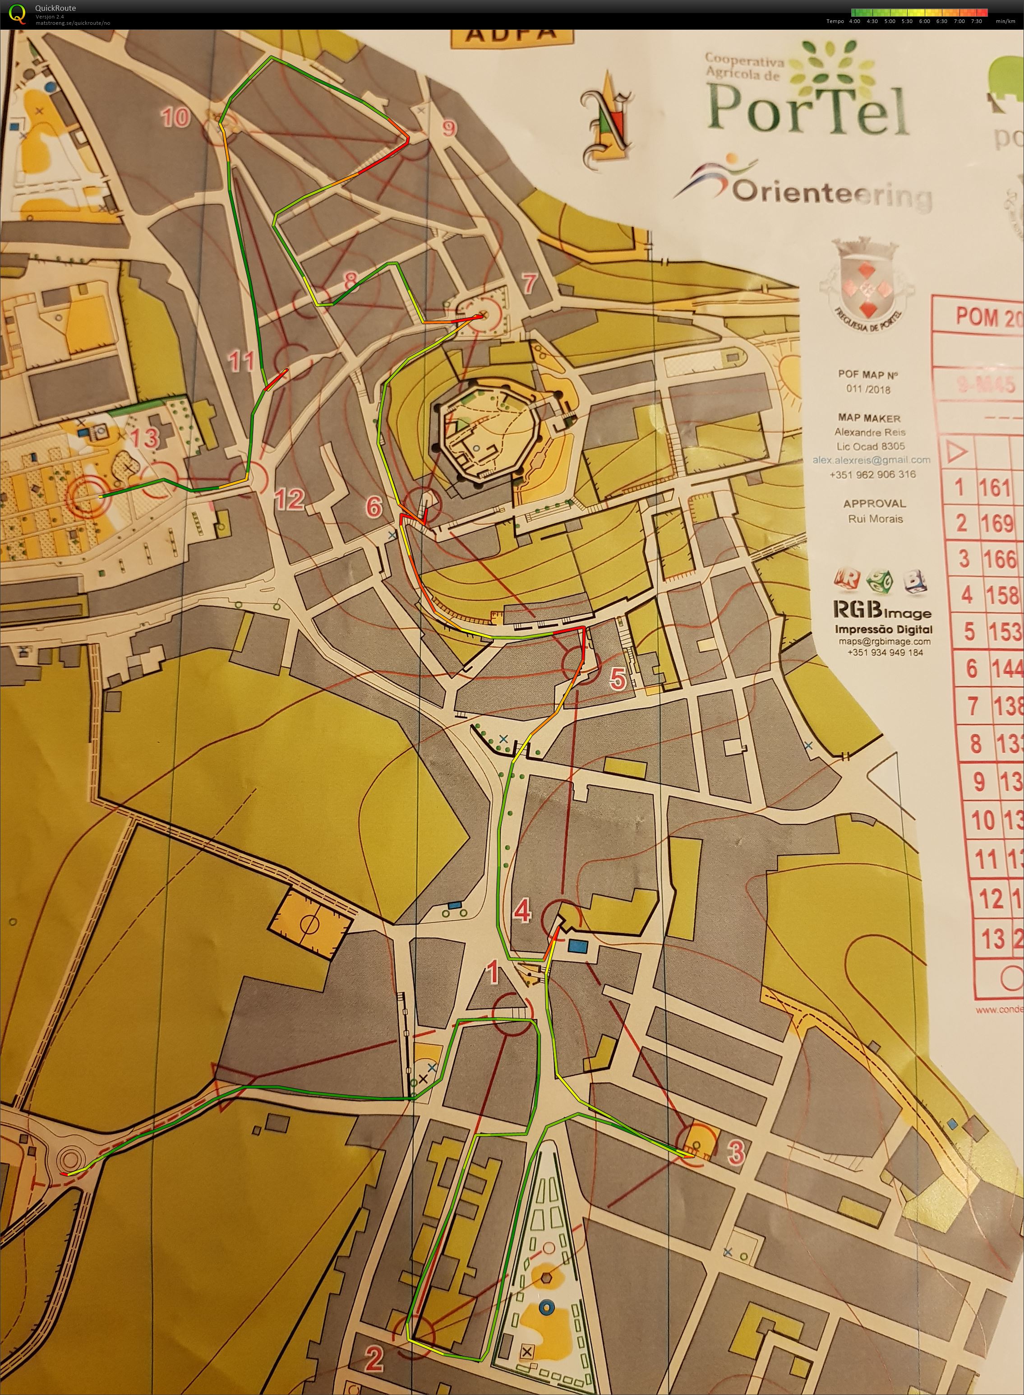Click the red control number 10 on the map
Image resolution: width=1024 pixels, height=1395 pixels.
(x=175, y=117)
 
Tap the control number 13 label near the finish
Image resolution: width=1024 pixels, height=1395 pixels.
(x=144, y=438)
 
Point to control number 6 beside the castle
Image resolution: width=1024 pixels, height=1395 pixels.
(x=374, y=506)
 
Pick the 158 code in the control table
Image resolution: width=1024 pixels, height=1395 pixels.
(x=1001, y=595)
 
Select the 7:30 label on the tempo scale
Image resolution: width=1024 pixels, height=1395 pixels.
(x=976, y=21)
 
